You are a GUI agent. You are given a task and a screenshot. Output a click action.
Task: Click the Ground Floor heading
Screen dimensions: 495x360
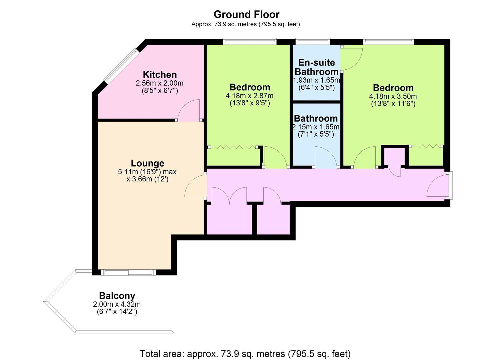click(246, 15)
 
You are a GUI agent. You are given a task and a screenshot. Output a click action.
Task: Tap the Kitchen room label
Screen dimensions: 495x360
click(160, 75)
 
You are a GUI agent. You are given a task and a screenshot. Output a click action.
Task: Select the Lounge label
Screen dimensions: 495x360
click(147, 163)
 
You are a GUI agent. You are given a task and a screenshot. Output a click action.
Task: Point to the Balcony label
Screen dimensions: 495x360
click(117, 296)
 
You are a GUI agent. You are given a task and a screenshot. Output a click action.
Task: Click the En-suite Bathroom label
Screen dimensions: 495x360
click(316, 67)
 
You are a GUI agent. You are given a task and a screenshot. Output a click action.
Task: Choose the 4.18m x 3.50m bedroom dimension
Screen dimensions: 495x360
click(393, 96)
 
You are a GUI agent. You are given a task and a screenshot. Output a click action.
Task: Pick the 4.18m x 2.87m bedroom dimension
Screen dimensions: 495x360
click(249, 96)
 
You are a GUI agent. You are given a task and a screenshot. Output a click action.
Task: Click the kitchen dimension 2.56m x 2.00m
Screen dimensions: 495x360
click(160, 83)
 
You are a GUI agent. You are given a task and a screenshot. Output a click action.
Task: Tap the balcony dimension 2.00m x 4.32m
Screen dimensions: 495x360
click(117, 304)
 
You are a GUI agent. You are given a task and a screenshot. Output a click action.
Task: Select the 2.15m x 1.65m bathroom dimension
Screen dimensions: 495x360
click(316, 127)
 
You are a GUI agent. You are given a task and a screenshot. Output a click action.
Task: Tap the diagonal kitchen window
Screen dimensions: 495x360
click(122, 66)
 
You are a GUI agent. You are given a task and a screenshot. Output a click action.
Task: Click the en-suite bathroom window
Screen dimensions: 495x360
click(313, 41)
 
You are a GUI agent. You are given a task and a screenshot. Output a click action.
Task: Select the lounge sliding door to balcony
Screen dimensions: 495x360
click(128, 272)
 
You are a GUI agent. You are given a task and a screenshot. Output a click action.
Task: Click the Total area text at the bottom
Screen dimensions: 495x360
click(245, 354)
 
